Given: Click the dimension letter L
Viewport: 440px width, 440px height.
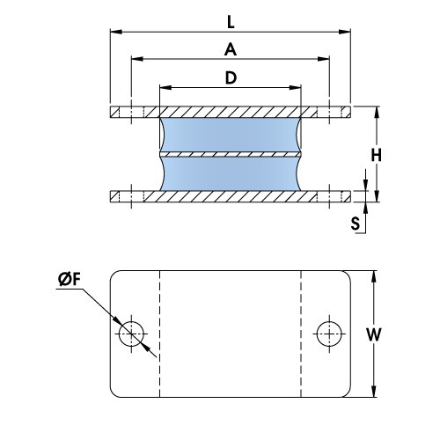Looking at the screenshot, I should click(x=231, y=18).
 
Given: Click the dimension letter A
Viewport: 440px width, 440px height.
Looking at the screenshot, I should click(x=231, y=48).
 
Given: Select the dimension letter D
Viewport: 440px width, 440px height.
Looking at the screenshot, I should click(x=231, y=77).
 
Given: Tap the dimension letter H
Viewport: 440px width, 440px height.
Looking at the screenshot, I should click(x=375, y=155).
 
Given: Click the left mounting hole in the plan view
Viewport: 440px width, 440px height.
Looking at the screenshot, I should click(x=132, y=333).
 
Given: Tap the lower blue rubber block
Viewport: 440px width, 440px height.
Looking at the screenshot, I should click(x=231, y=174).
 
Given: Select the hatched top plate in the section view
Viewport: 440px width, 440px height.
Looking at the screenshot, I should click(x=231, y=112).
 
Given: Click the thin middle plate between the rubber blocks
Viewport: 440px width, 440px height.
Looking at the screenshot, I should click(x=231, y=154).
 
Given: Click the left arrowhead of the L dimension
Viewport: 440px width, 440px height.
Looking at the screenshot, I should click(x=114, y=32).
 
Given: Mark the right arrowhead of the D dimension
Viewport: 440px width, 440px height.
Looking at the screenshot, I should click(x=297, y=89).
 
